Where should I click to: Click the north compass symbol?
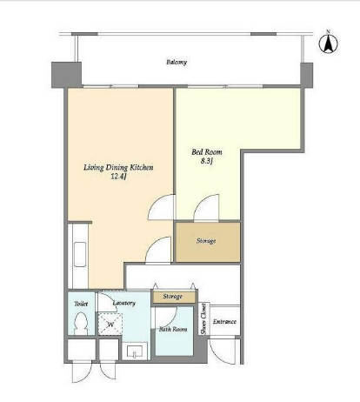[329, 43]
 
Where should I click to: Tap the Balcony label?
[177, 62]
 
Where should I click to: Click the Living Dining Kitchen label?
[118, 167]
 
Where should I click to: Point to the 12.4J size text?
[119, 177]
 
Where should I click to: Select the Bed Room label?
[207, 152]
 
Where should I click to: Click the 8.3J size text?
[207, 161]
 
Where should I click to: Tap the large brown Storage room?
[208, 242]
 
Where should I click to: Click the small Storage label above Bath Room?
[172, 297]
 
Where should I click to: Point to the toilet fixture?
[81, 324]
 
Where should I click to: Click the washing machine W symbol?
[110, 324]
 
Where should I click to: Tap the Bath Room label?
[173, 329]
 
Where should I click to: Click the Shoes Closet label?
[203, 318]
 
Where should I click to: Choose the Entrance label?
[224, 322]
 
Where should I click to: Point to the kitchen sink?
[80, 254]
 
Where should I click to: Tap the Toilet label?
[81, 304]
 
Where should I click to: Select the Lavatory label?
[124, 303]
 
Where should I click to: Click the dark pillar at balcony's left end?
[66, 75]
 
